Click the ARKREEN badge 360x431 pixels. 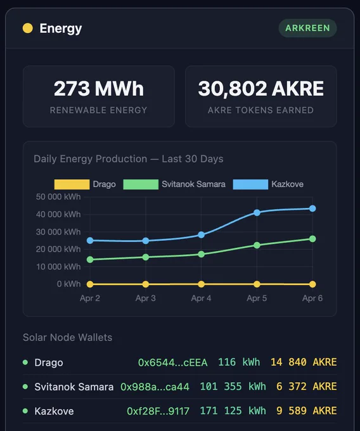307,28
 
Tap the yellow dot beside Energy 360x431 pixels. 27,28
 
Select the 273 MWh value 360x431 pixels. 99,89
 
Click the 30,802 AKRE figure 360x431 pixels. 260,89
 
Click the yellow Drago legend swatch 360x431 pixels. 72,184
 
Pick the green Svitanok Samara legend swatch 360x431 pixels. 141,184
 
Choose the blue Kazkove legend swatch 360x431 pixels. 250,184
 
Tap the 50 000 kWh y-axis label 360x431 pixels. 58,197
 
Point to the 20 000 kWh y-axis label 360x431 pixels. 58,249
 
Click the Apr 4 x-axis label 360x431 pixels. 201,299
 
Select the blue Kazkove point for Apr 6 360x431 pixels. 312,209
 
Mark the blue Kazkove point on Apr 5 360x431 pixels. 257,212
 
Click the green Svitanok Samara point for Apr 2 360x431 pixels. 90,259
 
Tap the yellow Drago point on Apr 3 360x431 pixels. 146,284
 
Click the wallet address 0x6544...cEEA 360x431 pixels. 172,363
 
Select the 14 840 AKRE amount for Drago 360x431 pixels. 304,363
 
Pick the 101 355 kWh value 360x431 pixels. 233,387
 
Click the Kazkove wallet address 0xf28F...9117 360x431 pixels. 158,411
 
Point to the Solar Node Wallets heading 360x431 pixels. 68,337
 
